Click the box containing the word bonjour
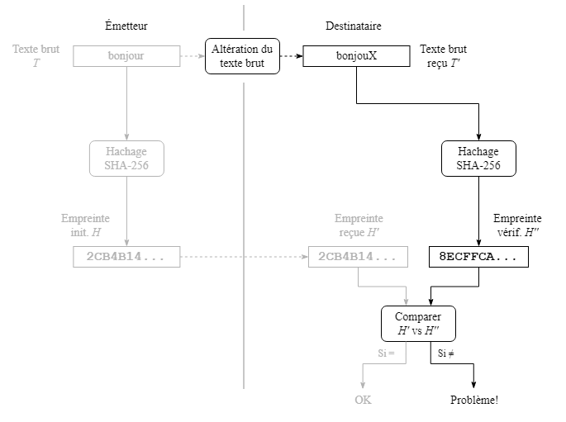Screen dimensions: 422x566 pyautogui.click(x=126, y=56)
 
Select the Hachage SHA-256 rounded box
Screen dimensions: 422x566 pyautogui.click(x=126, y=158)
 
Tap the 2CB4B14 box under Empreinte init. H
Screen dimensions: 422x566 pyautogui.click(x=126, y=257)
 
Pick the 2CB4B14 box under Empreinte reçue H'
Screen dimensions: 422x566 pyautogui.click(x=358, y=257)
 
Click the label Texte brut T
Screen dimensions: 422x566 pyautogui.click(x=36, y=55)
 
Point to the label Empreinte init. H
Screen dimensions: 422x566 pyautogui.click(x=85, y=225)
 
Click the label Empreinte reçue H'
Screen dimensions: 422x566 pyautogui.click(x=359, y=225)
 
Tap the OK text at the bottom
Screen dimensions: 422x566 pyautogui.click(x=363, y=400)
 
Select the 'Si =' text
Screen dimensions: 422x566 pyautogui.click(x=386, y=353)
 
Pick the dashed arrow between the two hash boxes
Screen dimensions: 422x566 pyautogui.click(x=244, y=257)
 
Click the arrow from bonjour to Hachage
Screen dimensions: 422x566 pyautogui.click(x=126, y=103)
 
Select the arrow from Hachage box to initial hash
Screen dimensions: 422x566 pyautogui.click(x=126, y=211)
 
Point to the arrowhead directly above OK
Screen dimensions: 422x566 pyautogui.click(x=363, y=385)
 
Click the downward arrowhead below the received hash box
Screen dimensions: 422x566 pyautogui.click(x=407, y=301)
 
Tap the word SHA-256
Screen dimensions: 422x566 pyautogui.click(x=126, y=165)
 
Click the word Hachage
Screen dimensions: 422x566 pyautogui.click(x=126, y=151)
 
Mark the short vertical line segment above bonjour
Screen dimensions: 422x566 pyautogui.click(x=244, y=17)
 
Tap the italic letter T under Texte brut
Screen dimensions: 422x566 pyautogui.click(x=36, y=63)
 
